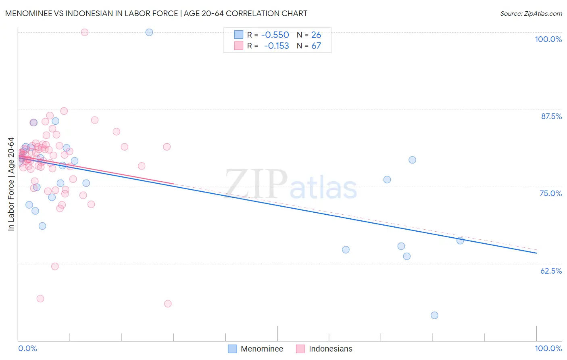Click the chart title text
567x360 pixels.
tap(156, 13)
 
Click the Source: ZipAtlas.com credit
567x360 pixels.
tap(531, 14)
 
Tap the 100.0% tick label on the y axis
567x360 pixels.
tap(548, 39)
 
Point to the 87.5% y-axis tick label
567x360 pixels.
tap(551, 116)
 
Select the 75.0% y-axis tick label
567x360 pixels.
tap(550, 193)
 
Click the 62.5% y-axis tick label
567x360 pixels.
tap(551, 271)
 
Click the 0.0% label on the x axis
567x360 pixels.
tap(27, 348)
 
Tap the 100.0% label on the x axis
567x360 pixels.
tap(548, 348)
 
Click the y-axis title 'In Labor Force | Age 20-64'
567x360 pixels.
tap(11, 184)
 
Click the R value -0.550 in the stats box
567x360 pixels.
tap(275, 35)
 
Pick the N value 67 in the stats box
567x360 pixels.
tap(316, 46)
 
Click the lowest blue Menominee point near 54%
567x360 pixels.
tap(434, 315)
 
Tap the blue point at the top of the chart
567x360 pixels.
tap(149, 32)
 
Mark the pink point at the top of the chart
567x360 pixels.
tap(85, 32)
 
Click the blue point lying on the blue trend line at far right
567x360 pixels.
tap(460, 241)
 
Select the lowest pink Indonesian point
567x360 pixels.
tap(168, 303)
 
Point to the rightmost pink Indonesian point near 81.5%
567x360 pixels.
tap(167, 147)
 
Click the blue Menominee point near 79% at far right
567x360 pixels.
tap(412, 160)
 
